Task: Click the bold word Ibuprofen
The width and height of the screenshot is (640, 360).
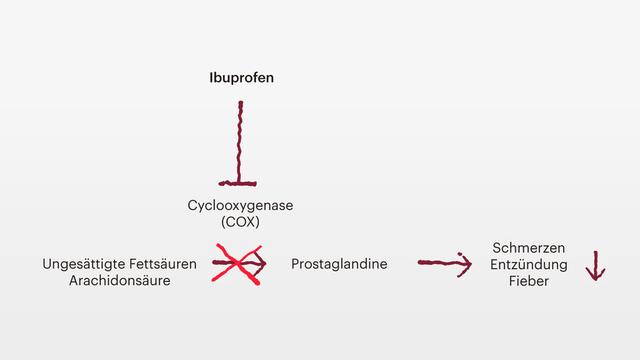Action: (x=240, y=77)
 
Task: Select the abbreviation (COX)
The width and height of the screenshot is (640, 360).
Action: (x=240, y=222)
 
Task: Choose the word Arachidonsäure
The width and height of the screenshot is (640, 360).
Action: (x=120, y=281)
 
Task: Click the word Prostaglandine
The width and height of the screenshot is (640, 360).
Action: (x=339, y=264)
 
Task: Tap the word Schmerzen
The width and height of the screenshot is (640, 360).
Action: (x=530, y=247)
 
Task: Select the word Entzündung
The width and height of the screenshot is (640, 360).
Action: (x=530, y=264)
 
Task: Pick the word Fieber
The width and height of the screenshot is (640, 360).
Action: (x=530, y=281)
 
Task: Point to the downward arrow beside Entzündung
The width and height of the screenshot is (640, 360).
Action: (x=595, y=265)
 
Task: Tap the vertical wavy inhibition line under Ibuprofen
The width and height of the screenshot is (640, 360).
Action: (x=240, y=140)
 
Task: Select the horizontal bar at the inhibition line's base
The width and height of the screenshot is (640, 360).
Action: (x=240, y=183)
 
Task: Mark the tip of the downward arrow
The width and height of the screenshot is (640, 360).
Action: (x=595, y=278)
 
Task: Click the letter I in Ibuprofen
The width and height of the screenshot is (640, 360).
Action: (x=211, y=77)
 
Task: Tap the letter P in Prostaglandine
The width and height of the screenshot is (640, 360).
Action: (x=295, y=264)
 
